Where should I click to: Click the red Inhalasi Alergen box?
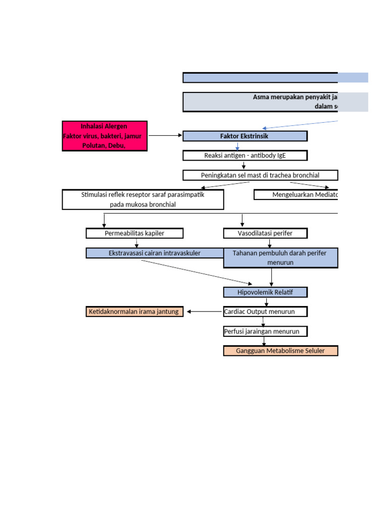pyautogui.click(x=105, y=136)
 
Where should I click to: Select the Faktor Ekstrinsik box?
pyautogui.click(x=245, y=136)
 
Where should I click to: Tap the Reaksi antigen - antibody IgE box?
pyautogui.click(x=245, y=155)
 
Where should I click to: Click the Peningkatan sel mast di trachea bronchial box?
pyautogui.click(x=260, y=175)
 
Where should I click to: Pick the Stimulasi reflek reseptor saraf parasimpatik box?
pyautogui.click(x=142, y=199)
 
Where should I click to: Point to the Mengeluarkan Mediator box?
pyautogui.click(x=296, y=195)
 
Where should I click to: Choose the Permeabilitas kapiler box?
pyautogui.click(x=134, y=233)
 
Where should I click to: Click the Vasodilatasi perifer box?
pyautogui.click(x=265, y=233)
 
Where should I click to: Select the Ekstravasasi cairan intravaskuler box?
pyautogui.click(x=155, y=253)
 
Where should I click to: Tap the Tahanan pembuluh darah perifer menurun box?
pyautogui.click(x=280, y=257)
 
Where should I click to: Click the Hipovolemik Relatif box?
pyautogui.click(x=265, y=292)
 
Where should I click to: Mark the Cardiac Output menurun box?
pyautogui.click(x=265, y=312)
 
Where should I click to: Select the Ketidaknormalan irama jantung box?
pyautogui.click(x=134, y=312)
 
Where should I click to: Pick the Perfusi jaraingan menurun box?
pyautogui.click(x=265, y=331)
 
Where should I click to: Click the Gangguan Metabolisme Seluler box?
pyautogui.click(x=280, y=350)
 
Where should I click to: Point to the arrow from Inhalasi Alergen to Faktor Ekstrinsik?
pyautogui.click(x=165, y=136)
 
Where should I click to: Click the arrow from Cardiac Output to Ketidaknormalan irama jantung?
pyautogui.click(x=205, y=312)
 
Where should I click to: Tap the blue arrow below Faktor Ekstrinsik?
pyautogui.click(x=237, y=145)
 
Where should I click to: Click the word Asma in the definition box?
pyautogui.click(x=261, y=97)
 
